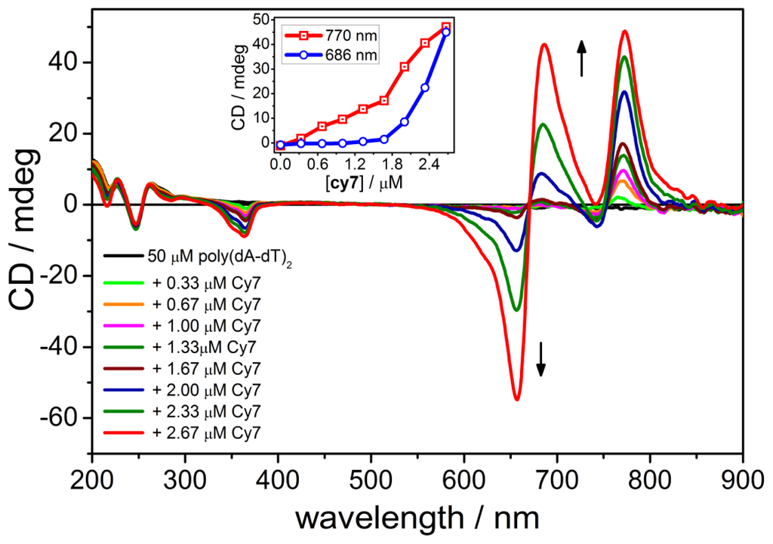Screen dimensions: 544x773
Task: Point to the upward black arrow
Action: [x=581, y=59]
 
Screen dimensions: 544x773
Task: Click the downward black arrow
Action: [x=540, y=358]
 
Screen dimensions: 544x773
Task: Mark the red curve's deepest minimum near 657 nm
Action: [x=496, y=399]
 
